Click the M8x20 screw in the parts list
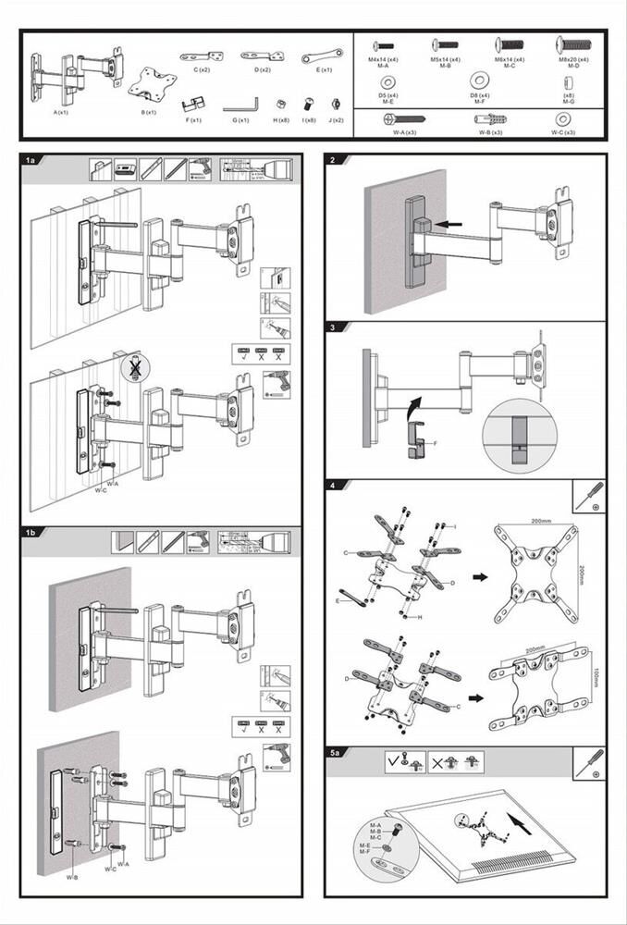pos(572,45)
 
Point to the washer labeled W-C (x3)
pos(562,119)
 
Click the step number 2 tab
pos(333,160)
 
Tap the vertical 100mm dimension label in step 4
pos(596,680)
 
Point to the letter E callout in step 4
pos(341,600)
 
